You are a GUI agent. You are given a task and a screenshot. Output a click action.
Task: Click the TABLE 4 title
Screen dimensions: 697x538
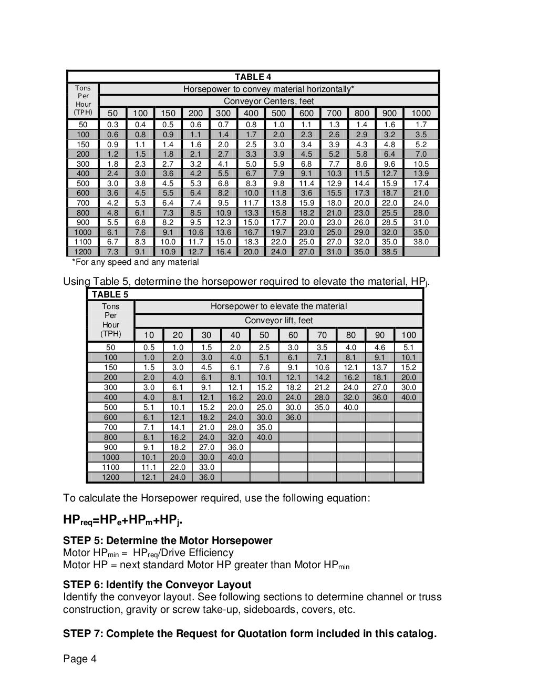253,77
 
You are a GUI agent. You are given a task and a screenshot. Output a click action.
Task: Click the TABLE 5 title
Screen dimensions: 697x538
109,294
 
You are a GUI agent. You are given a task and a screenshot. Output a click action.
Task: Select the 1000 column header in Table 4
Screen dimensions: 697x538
421,113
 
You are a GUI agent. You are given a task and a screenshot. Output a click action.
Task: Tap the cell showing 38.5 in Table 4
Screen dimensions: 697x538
389,252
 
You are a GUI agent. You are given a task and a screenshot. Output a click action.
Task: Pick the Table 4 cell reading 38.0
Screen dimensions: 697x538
421,242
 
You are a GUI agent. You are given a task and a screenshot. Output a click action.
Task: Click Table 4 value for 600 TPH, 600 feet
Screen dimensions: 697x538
306,193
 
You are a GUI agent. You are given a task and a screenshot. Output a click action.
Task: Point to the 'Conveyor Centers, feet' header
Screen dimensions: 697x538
268,101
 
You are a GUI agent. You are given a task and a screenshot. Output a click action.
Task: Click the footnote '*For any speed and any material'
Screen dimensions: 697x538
135,262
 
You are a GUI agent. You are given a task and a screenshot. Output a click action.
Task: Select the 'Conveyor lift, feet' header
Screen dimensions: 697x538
278,320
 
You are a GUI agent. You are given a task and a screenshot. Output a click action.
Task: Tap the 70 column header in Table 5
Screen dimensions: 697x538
322,335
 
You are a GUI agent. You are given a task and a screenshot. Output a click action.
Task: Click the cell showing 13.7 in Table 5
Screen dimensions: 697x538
379,367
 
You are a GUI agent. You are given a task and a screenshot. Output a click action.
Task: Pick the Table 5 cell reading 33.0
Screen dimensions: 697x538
206,467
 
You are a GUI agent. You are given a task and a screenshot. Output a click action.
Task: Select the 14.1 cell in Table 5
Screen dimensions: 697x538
178,427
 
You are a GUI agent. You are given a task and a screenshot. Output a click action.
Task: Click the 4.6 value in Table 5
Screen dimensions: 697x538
379,347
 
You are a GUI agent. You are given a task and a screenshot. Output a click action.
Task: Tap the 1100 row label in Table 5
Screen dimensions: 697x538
110,467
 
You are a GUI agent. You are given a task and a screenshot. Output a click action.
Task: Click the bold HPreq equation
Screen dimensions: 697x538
123,521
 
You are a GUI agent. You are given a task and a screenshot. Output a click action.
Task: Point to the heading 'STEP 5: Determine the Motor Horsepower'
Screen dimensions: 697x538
168,540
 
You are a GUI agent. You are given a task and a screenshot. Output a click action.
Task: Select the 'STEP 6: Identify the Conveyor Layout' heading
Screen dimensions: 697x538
157,585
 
